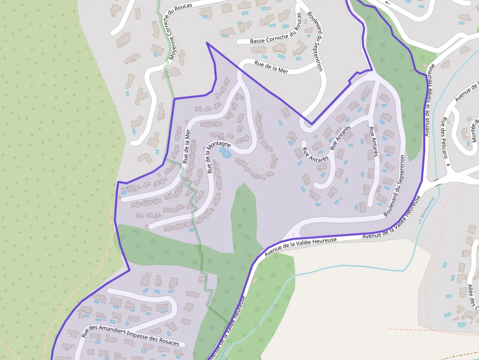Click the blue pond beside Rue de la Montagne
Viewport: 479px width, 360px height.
pyautogui.click(x=225, y=153)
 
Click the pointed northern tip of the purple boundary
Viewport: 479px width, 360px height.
pyautogui.click(x=207, y=43)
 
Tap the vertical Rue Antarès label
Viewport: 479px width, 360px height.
pyautogui.click(x=373, y=142)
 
